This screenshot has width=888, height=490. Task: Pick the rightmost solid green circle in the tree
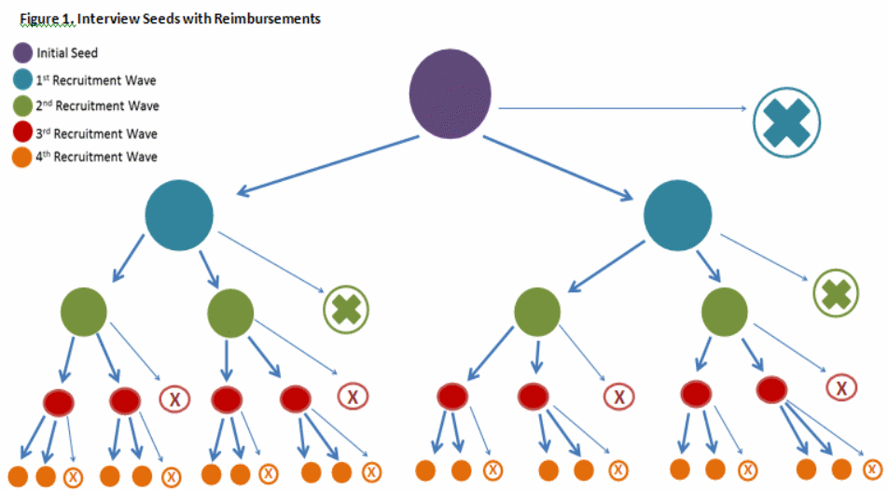[x=724, y=309]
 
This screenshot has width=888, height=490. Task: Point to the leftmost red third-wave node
[x=59, y=401]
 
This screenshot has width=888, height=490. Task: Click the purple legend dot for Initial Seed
[x=21, y=52]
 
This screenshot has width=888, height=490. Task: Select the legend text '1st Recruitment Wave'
[x=97, y=79]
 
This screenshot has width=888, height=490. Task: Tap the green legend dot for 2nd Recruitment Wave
[x=21, y=105]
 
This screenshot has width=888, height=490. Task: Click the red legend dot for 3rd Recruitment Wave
[x=21, y=133]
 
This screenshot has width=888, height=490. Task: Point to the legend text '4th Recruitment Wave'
[x=97, y=157]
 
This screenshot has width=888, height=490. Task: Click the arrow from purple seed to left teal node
[x=326, y=166]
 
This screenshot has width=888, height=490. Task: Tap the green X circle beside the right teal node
[x=836, y=293]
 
